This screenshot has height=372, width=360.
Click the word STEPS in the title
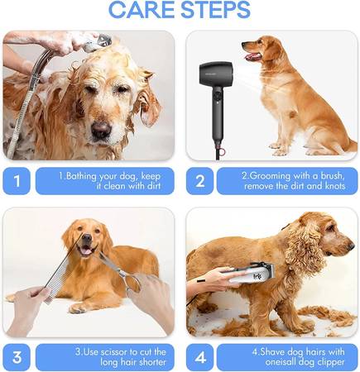(215, 9)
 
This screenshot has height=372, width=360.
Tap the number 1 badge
(17, 181)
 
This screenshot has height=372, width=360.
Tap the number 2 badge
(200, 181)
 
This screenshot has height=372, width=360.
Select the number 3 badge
(17, 357)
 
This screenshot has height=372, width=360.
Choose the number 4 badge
(200, 357)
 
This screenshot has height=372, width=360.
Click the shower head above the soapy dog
(97, 43)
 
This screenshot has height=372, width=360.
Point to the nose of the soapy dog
(101, 130)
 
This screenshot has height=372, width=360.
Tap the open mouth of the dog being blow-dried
(252, 57)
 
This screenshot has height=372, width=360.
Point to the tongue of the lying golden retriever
(85, 251)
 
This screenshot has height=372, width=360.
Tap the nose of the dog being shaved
(351, 246)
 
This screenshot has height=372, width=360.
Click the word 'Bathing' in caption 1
(80, 176)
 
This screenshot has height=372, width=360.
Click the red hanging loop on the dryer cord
(222, 151)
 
